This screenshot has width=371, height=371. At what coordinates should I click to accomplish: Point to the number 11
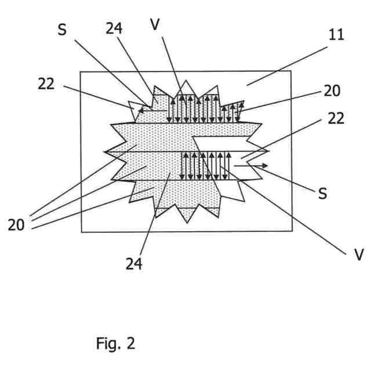[336, 34]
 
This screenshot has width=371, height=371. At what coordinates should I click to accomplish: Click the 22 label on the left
[46, 83]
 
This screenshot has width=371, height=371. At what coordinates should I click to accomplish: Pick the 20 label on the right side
[333, 90]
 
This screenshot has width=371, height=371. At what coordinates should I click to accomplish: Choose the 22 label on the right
[336, 118]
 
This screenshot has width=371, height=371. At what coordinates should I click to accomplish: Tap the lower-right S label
[322, 194]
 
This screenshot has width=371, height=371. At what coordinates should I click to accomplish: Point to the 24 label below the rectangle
[134, 264]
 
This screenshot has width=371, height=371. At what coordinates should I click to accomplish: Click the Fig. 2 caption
[115, 343]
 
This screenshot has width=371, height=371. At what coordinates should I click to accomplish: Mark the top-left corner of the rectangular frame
[80, 71]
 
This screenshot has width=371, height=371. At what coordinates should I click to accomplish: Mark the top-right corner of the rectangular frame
[292, 71]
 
